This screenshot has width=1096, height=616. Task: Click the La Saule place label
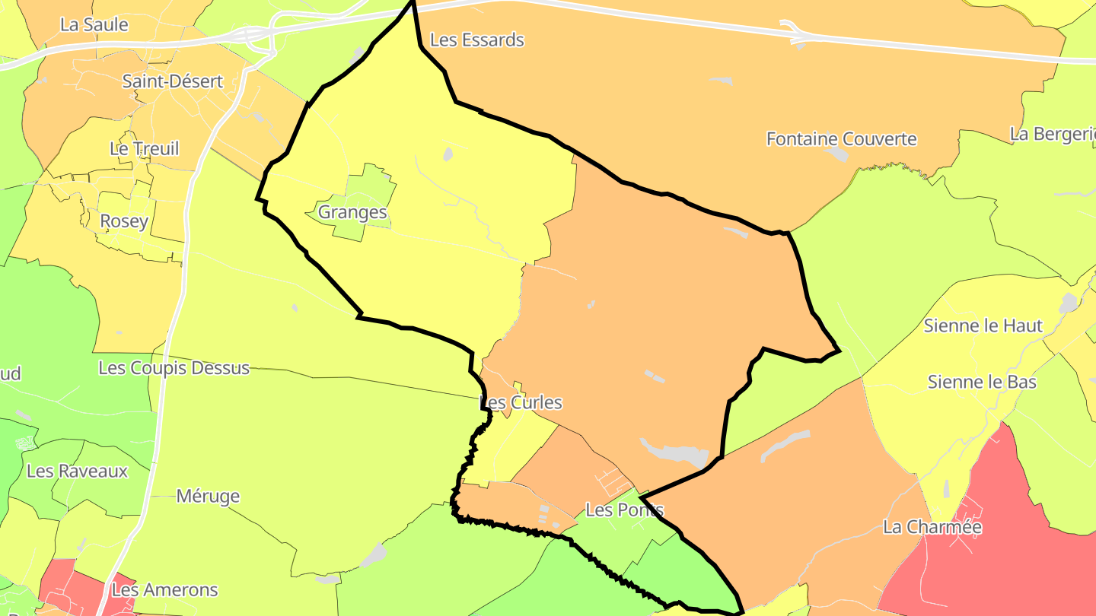tap(94, 24)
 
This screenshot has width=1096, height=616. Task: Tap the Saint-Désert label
tap(173, 81)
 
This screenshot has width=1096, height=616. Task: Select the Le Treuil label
tap(145, 148)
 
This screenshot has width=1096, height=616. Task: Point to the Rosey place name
tap(124, 221)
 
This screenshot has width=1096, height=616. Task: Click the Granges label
tap(352, 212)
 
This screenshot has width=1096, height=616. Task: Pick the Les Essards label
tap(477, 40)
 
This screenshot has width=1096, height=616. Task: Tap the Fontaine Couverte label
tap(841, 139)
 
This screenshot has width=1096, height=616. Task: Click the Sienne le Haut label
tap(983, 325)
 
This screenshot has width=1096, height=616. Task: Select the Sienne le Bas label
tap(982, 381)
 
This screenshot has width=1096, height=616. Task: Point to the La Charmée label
tap(932, 527)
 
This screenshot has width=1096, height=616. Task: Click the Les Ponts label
tap(625, 510)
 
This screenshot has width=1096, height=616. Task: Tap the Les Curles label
tap(521, 402)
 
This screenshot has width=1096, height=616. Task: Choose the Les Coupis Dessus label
tap(174, 368)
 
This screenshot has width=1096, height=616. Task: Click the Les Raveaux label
tap(77, 471)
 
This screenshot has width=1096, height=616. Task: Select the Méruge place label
tap(208, 497)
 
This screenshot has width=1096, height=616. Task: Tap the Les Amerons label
tap(164, 589)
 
